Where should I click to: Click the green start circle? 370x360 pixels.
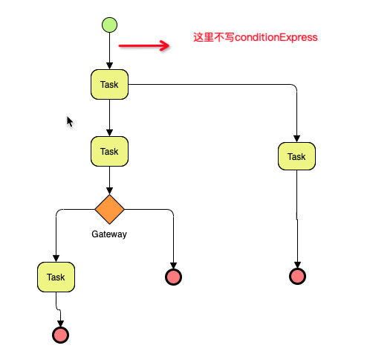click(x=109, y=25)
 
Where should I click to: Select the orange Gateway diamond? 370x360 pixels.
click(x=109, y=210)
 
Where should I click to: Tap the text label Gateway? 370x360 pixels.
click(x=109, y=234)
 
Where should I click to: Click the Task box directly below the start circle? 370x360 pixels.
click(x=109, y=85)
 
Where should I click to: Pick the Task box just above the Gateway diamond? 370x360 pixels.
click(x=109, y=152)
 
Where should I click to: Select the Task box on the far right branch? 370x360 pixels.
click(x=296, y=157)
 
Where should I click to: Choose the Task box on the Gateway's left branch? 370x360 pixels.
click(x=56, y=277)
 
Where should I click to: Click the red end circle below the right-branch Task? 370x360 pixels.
click(x=297, y=277)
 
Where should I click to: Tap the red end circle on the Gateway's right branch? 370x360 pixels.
click(x=173, y=277)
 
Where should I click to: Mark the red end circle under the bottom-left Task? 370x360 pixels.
click(x=61, y=335)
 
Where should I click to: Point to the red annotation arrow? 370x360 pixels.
click(x=143, y=46)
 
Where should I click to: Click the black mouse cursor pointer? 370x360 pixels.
click(x=70, y=121)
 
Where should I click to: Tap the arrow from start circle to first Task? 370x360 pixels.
click(x=109, y=52)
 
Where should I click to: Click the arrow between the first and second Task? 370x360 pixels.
click(x=109, y=118)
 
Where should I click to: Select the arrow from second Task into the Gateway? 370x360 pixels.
click(x=109, y=181)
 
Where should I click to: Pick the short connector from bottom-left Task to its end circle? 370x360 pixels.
click(x=58, y=309)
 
